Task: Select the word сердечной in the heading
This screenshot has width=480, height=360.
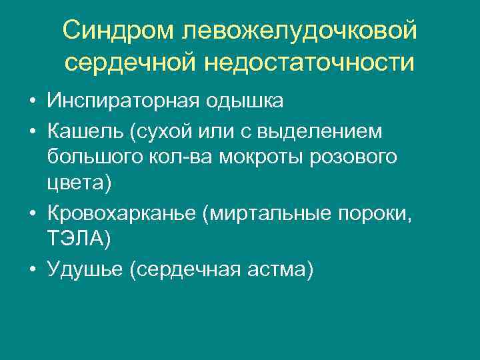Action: pos(131,63)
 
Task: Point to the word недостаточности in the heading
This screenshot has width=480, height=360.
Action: pos(309,63)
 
